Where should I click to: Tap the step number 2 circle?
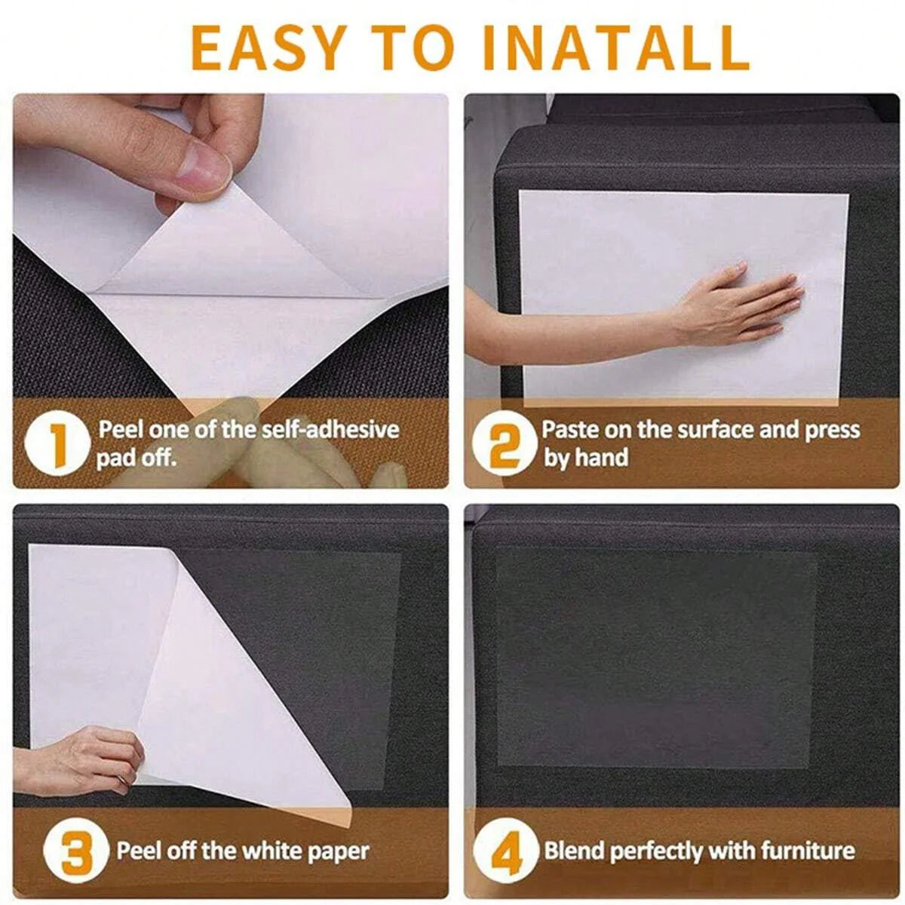[x=504, y=444]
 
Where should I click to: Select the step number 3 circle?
[x=75, y=853]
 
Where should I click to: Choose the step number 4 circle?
[x=507, y=853]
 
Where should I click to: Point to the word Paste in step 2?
[x=569, y=430]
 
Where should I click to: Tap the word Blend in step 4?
[x=575, y=851]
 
